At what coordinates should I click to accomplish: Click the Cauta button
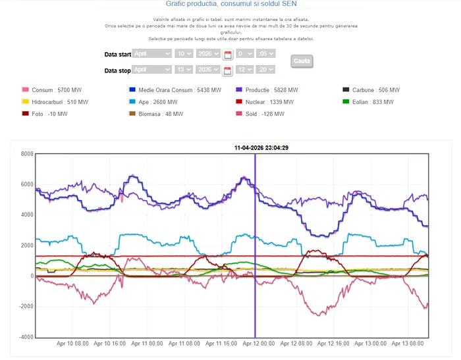302,61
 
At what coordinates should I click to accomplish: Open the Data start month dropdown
152,53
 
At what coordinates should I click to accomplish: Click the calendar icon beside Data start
228,55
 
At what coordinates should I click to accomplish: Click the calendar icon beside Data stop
228,70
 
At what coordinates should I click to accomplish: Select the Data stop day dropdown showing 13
184,69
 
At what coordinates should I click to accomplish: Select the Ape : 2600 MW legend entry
153,102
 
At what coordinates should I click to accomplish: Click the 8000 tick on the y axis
26,154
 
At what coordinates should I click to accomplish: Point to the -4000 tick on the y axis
25,337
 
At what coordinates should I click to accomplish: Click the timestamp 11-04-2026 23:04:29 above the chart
261,148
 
